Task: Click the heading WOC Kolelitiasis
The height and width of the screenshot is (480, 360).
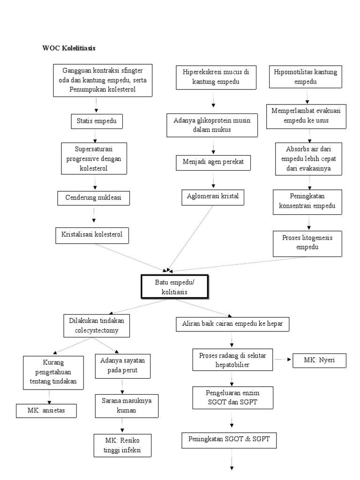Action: (x=69, y=48)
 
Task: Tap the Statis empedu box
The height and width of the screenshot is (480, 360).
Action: (x=96, y=122)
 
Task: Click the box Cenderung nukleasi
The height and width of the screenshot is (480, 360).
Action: (x=93, y=198)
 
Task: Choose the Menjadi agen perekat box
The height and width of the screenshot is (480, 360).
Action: (x=213, y=163)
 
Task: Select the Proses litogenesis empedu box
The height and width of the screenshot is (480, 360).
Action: (x=307, y=242)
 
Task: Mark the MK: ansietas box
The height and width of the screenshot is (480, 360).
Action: (x=46, y=410)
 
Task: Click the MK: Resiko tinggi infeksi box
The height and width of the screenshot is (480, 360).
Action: (x=122, y=446)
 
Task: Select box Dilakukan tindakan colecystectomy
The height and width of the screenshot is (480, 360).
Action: (x=97, y=325)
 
